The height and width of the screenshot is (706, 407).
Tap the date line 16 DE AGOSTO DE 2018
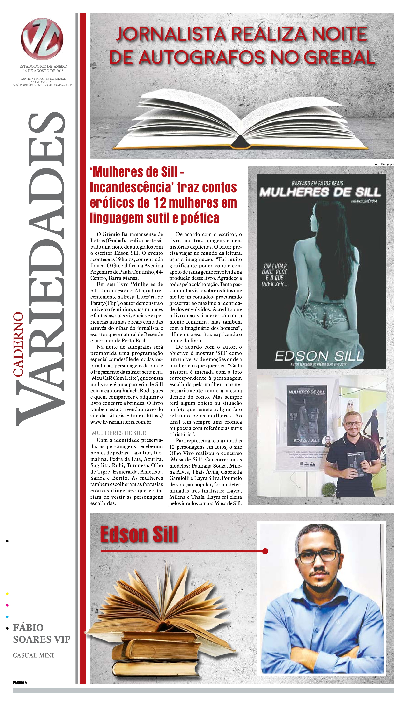point(43,71)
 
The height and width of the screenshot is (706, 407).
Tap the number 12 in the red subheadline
point(160,203)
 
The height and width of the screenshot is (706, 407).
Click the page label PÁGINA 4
point(20,682)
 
